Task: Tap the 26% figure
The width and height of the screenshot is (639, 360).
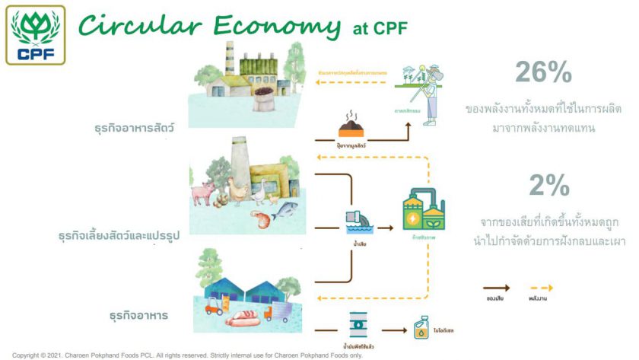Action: (542, 72)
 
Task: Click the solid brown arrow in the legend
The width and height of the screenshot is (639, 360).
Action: (497, 288)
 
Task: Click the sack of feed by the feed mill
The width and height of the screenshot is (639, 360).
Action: (265, 99)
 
